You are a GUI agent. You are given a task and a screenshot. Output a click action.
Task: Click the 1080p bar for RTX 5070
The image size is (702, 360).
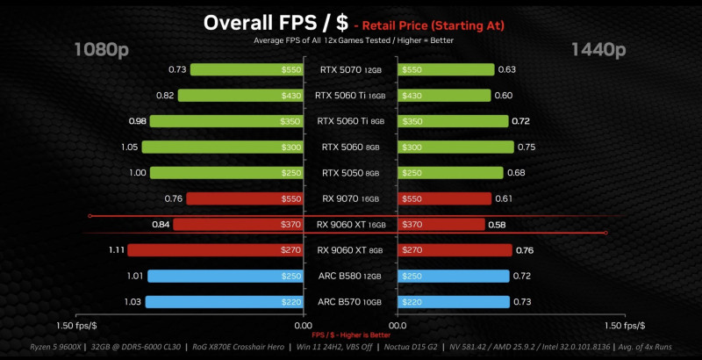tap(246, 69)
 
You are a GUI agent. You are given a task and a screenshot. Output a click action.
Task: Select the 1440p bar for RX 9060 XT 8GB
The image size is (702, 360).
tap(455, 250)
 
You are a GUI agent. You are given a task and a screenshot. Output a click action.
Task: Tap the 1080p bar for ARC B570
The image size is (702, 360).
tap(224, 302)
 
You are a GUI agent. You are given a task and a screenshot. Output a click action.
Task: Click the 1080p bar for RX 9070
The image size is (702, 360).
tap(244, 198)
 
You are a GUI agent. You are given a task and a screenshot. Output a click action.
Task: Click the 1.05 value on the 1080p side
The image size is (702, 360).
tap(129, 147)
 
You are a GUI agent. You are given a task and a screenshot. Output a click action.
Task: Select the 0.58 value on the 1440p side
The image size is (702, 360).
tap(497, 225)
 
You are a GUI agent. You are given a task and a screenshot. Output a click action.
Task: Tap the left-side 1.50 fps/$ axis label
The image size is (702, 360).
tap(81, 326)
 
